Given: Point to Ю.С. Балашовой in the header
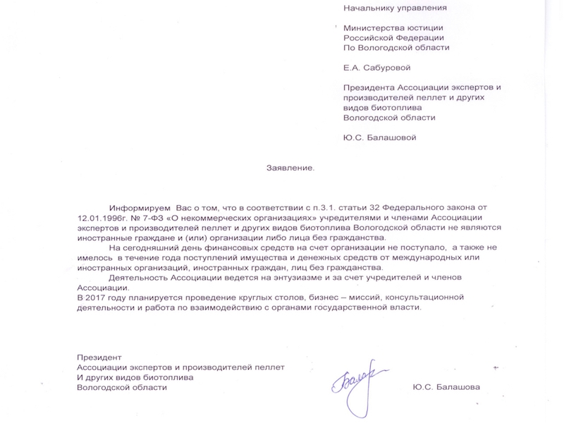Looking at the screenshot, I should [x=379, y=137].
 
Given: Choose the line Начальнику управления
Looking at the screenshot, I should [x=395, y=8].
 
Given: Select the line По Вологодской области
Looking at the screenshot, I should [x=396, y=48].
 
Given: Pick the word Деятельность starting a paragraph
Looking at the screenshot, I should [x=139, y=278].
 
